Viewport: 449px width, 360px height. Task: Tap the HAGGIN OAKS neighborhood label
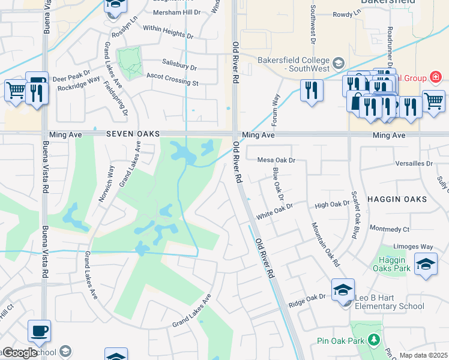[405, 199]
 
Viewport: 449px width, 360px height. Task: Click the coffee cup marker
[39, 330]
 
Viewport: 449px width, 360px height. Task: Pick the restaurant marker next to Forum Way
[311, 90]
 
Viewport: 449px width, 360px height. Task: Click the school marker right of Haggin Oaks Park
[426, 264]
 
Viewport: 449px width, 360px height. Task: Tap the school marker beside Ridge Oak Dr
[343, 290]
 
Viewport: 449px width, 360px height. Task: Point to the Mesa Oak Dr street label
[277, 160]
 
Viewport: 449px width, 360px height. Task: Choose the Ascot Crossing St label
[172, 79]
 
